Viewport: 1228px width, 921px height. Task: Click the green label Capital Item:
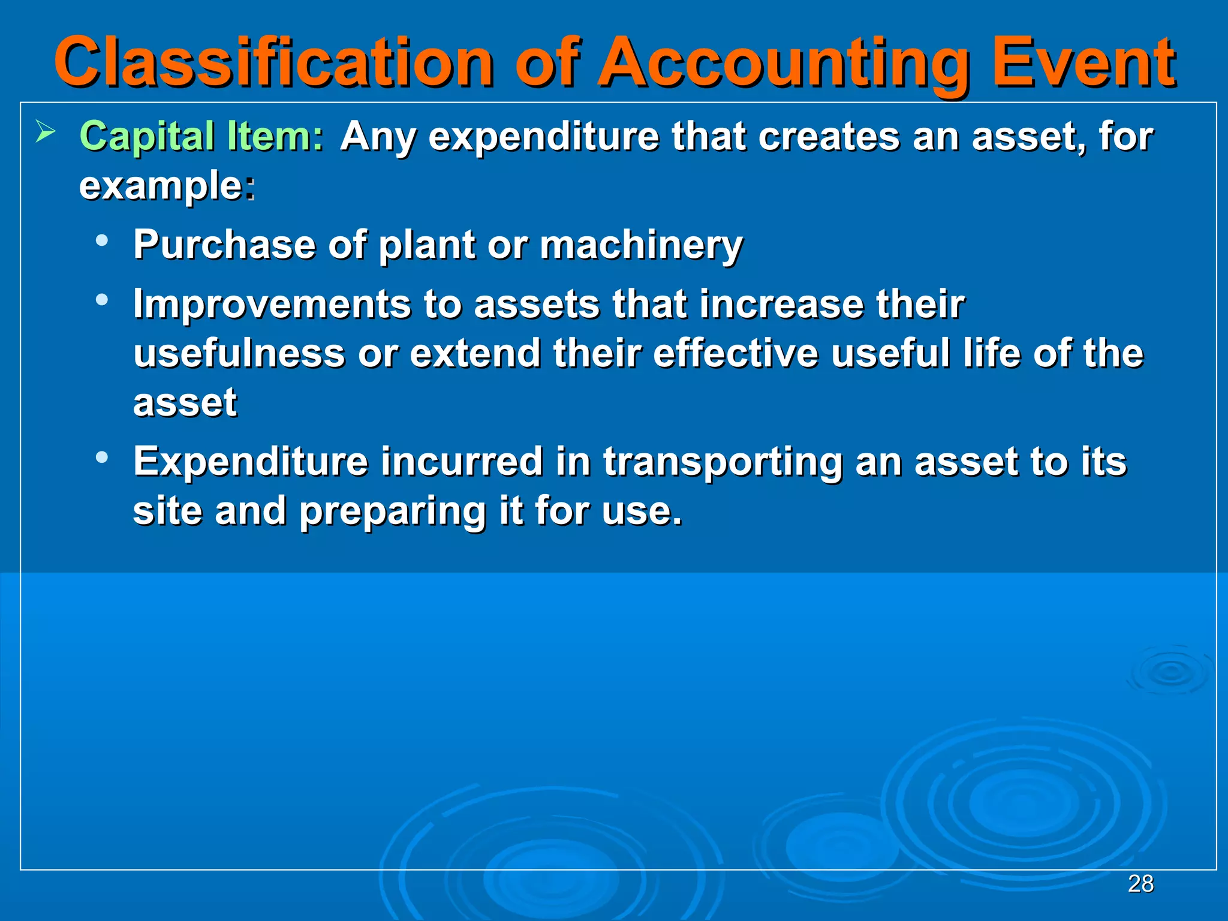[x=201, y=137]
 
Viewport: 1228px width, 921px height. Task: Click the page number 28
[x=1140, y=884]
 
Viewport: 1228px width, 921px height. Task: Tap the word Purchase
[x=224, y=245]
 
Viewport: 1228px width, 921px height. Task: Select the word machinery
[x=641, y=246]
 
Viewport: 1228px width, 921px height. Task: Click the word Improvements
[x=272, y=304]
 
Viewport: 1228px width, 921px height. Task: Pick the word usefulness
[x=239, y=353]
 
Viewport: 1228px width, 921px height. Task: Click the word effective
[x=735, y=353]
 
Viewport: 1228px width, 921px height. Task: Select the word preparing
[x=393, y=512]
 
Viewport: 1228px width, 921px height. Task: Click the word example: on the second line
[x=167, y=186]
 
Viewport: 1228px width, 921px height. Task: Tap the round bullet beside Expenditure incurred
[x=102, y=458]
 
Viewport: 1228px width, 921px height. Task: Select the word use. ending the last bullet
[x=642, y=512]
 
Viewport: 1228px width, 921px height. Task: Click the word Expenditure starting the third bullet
[x=250, y=462]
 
